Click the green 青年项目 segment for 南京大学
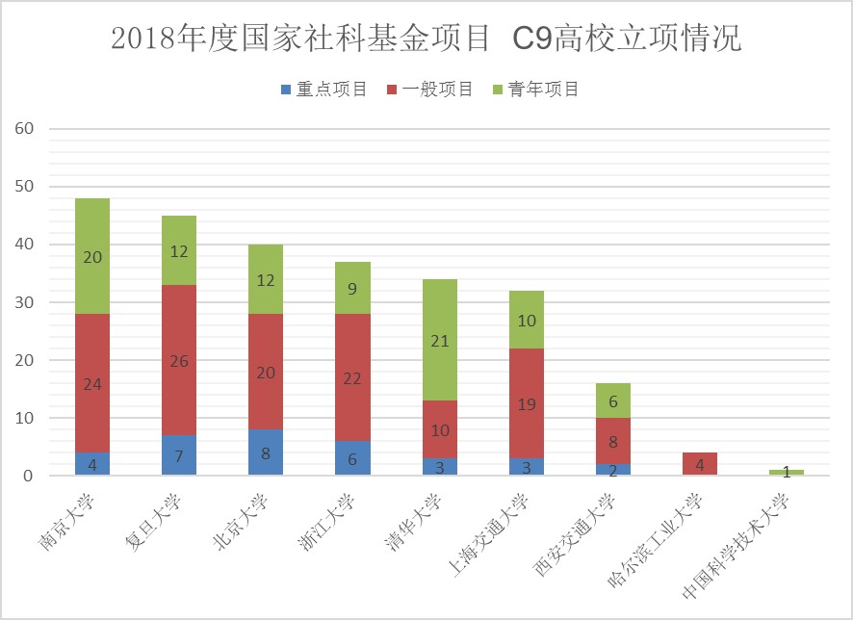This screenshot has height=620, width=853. [x=92, y=256]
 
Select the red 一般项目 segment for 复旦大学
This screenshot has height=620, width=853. [x=179, y=360]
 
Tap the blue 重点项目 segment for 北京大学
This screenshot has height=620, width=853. [x=266, y=452]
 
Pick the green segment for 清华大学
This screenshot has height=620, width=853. [x=439, y=339]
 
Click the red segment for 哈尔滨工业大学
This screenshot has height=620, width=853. [x=699, y=464]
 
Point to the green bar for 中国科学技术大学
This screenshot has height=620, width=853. [x=786, y=473]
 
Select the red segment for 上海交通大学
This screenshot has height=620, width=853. [x=526, y=404]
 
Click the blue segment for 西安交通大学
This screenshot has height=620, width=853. [x=612, y=470]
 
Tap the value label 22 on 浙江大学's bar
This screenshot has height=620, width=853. [x=352, y=378]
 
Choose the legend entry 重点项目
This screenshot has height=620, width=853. [x=323, y=90]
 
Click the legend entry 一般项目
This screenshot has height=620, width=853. [x=429, y=90]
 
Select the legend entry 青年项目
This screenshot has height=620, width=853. [x=535, y=90]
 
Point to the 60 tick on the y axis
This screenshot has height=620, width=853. [x=23, y=129]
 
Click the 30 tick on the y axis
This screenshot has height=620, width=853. [x=23, y=302]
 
